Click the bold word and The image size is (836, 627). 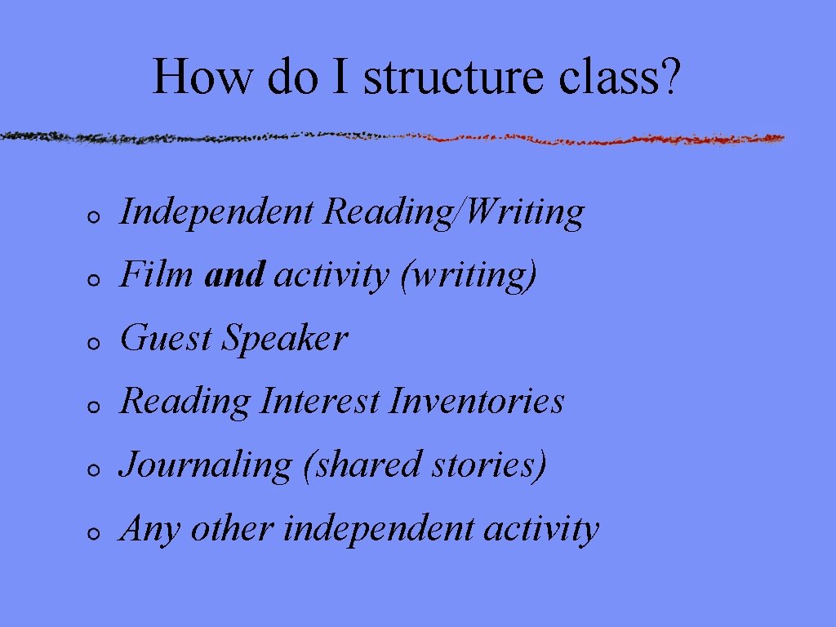pyautogui.click(x=235, y=275)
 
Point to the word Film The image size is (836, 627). pyautogui.click(x=157, y=275)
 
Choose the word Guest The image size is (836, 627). pyautogui.click(x=167, y=338)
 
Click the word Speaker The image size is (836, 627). pyautogui.click(x=286, y=340)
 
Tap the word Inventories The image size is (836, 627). pyautogui.click(x=477, y=401)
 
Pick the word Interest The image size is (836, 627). pyautogui.click(x=320, y=401)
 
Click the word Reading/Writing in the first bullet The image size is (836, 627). pyautogui.click(x=454, y=212)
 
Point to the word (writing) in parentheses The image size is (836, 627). pyautogui.click(x=469, y=277)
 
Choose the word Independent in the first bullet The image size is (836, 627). pyautogui.click(x=216, y=212)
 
